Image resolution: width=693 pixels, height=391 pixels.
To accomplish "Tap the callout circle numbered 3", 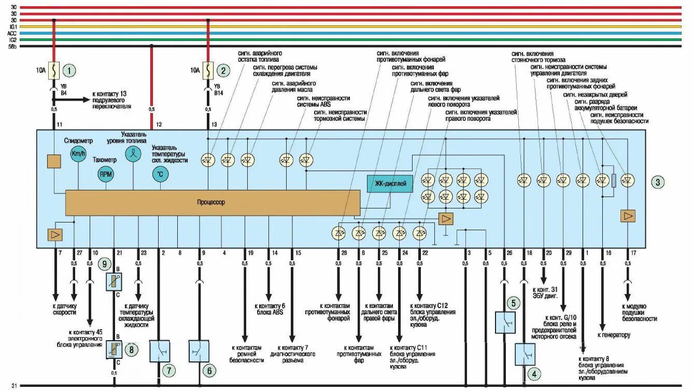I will click(x=657, y=182).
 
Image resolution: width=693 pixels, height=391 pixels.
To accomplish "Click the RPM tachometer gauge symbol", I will click(x=105, y=174).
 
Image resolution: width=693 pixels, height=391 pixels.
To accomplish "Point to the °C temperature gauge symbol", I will click(x=160, y=174).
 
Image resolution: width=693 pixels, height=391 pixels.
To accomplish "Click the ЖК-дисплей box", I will click(x=390, y=184).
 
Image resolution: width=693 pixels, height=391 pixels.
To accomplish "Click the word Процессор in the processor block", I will click(x=211, y=202).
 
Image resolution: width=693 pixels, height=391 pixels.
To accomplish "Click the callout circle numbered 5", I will click(x=513, y=303).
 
